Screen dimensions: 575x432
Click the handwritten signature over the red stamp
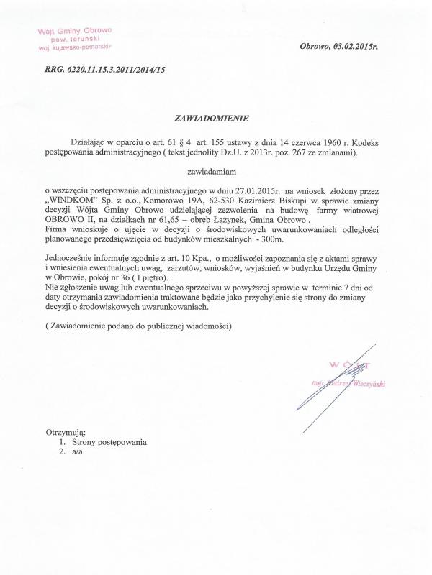[x=346, y=374]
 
